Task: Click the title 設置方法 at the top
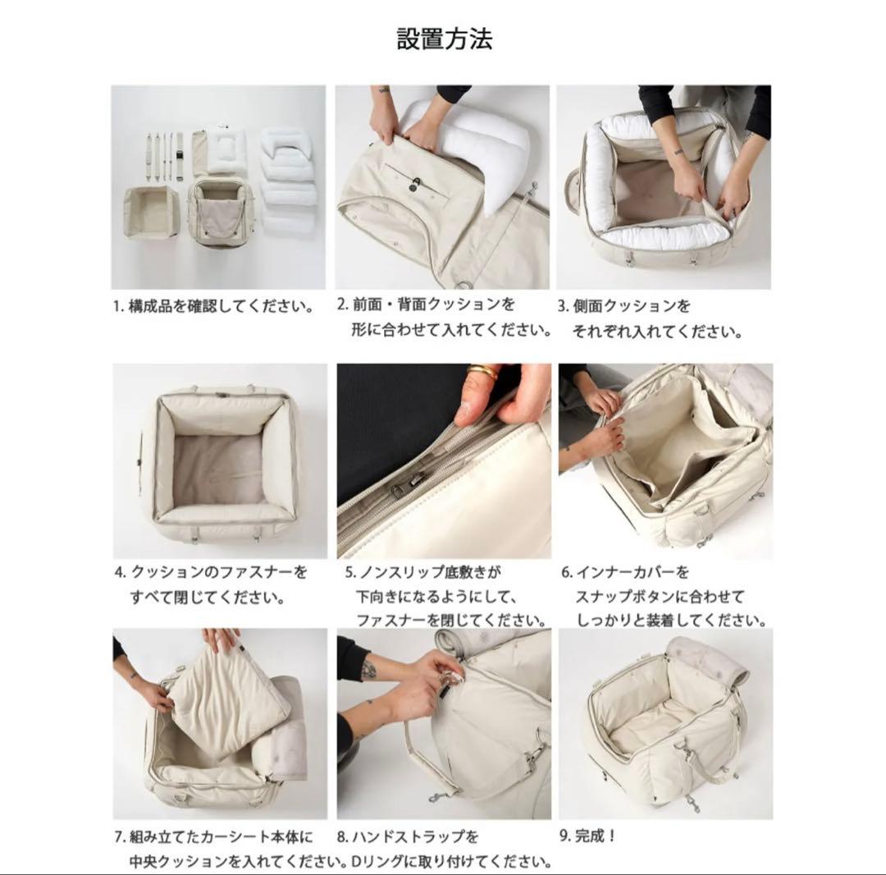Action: click(444, 39)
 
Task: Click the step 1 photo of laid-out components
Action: click(218, 186)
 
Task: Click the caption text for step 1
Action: click(213, 308)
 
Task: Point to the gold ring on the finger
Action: click(482, 373)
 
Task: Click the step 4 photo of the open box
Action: click(219, 460)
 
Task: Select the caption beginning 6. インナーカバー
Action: click(664, 596)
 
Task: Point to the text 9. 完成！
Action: click(587, 836)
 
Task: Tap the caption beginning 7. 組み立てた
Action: click(221, 850)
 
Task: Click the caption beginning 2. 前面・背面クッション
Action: click(444, 318)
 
